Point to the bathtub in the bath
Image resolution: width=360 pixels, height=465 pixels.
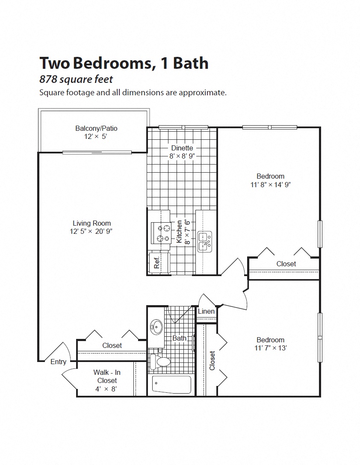[171, 385]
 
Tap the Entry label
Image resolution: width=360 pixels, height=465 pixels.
[59, 362]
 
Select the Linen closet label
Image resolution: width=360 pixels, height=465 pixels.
[206, 311]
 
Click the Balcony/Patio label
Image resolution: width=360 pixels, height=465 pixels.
[96, 128]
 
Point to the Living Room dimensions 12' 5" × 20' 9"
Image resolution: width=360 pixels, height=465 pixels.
[92, 231]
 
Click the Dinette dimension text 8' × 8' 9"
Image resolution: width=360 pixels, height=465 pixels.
[182, 156]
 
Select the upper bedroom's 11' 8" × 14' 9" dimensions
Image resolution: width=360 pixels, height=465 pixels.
[270, 185]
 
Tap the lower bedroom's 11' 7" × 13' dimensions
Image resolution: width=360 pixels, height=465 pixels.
[270, 348]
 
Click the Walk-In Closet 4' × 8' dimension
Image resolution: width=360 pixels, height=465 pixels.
[107, 389]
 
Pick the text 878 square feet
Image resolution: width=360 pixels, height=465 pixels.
[76, 79]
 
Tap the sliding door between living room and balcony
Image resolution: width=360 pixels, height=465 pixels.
[97, 152]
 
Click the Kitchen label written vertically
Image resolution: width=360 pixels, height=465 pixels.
[180, 232]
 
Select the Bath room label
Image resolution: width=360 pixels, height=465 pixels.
[179, 338]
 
